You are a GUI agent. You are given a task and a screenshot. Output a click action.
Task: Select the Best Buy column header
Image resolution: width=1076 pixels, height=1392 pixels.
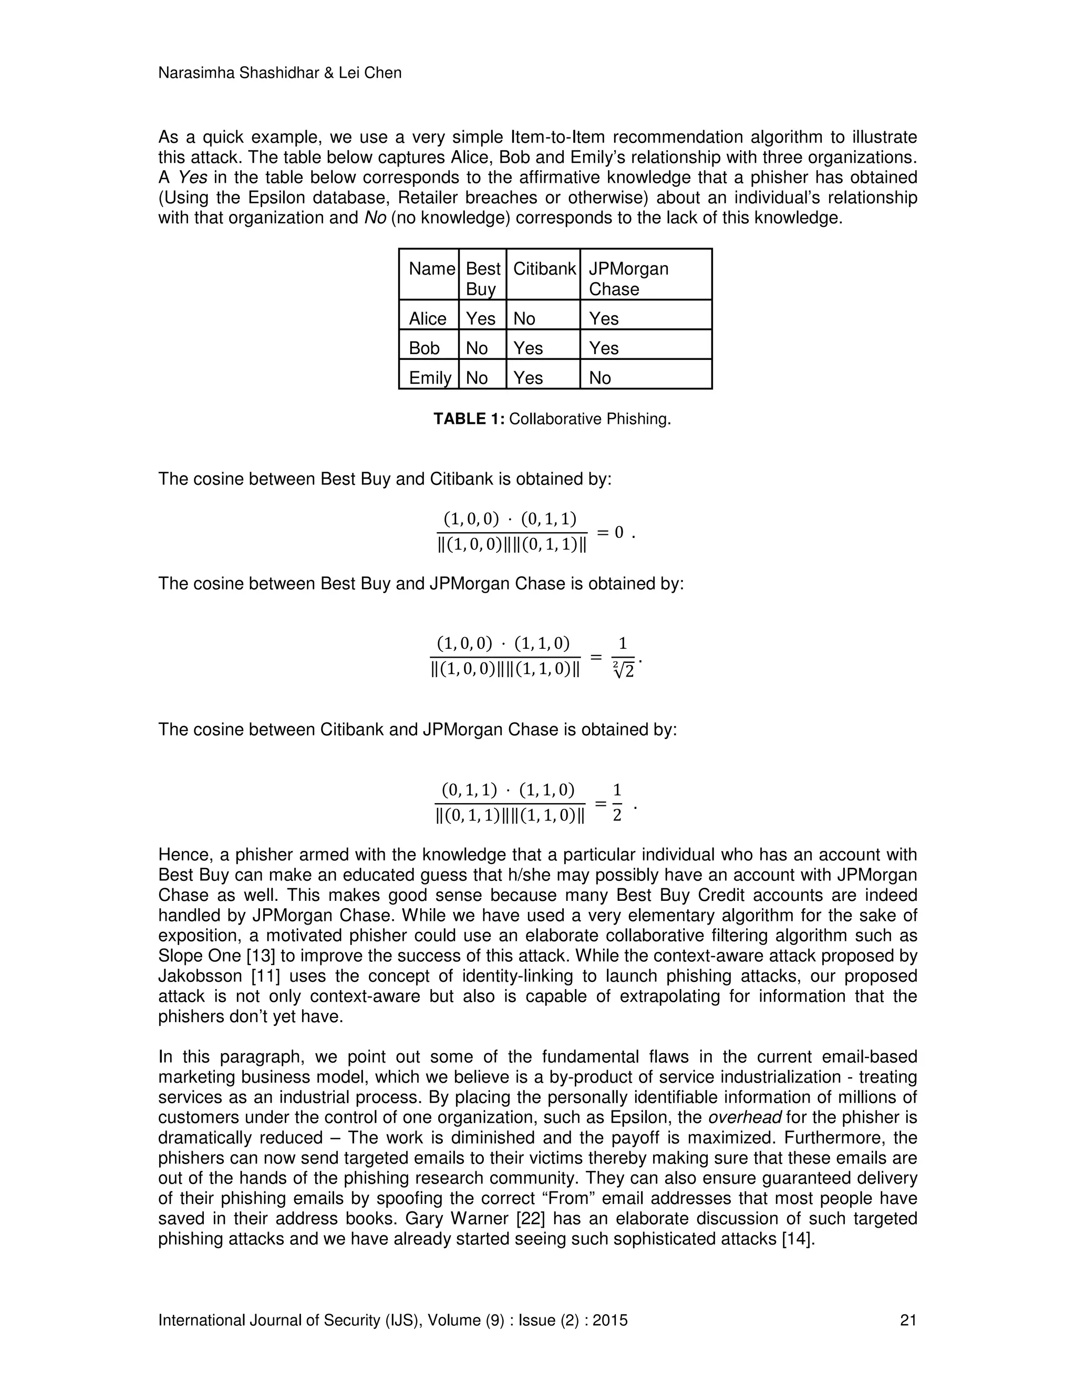coord(482,278)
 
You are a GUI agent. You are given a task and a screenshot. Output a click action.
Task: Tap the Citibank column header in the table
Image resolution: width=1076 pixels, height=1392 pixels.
coord(544,269)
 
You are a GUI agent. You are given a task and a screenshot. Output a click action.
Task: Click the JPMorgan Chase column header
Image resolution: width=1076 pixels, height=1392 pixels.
coord(628,278)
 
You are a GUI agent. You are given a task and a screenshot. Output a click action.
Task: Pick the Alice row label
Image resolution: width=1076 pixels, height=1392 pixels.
coord(427,319)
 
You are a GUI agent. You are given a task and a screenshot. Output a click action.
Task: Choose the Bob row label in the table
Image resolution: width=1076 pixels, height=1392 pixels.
coord(424,348)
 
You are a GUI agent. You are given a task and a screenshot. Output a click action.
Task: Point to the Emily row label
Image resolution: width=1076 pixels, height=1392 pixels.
coord(430,378)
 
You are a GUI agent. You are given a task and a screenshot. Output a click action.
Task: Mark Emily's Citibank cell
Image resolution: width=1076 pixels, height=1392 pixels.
coord(528,378)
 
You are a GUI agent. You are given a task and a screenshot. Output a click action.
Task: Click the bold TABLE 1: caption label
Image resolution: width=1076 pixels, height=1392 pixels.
coord(469,419)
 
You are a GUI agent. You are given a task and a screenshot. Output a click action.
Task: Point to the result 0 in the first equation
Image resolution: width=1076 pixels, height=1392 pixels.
coord(618,532)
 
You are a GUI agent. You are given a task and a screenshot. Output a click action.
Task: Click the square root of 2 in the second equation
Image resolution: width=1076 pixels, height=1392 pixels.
coord(624,670)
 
